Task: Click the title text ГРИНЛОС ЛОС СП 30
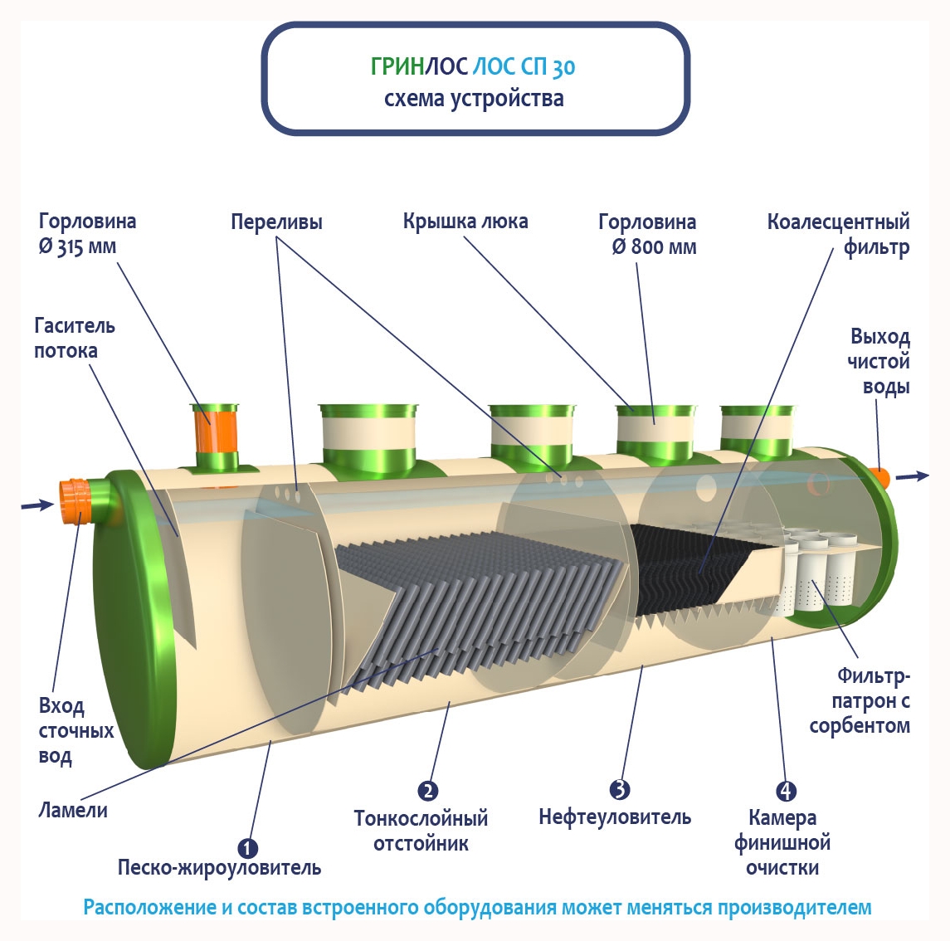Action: pos(473,66)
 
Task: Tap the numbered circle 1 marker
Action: pos(248,848)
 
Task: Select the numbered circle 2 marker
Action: pos(428,791)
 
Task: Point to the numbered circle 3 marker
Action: pos(619,789)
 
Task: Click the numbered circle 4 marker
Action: pos(785,791)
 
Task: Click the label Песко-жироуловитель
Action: pos(219,869)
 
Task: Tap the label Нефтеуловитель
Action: pos(615,817)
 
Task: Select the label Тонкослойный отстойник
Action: pos(421,831)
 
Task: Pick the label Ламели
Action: pos(73,810)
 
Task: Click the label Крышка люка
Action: pos(465,222)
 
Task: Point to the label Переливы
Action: pos(276,222)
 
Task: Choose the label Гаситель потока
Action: pos(74,338)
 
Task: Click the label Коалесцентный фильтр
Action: pos(838,235)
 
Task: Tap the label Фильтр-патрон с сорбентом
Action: pos(860,701)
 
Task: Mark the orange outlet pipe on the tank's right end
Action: pos(879,477)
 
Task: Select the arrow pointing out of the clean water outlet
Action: pos(913,476)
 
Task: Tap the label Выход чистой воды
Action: pos(879,362)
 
